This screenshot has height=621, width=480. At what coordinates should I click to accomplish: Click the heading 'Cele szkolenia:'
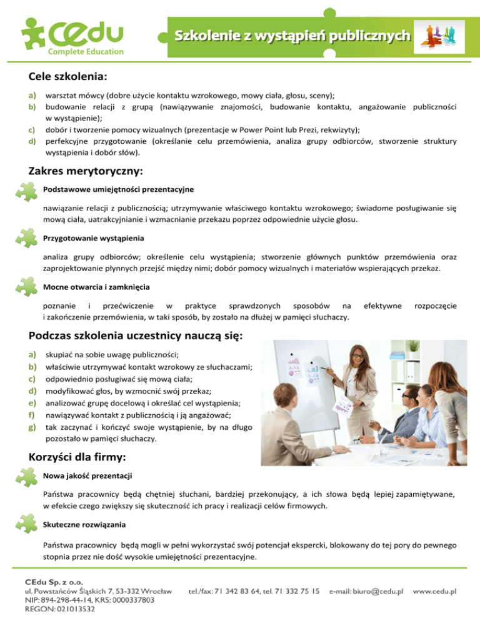68,77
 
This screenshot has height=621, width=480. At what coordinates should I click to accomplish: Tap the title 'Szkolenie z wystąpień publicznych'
292,35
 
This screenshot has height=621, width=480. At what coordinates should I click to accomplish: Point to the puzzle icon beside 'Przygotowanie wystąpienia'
29,241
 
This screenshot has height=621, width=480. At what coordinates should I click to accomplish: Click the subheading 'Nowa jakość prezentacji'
87,477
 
